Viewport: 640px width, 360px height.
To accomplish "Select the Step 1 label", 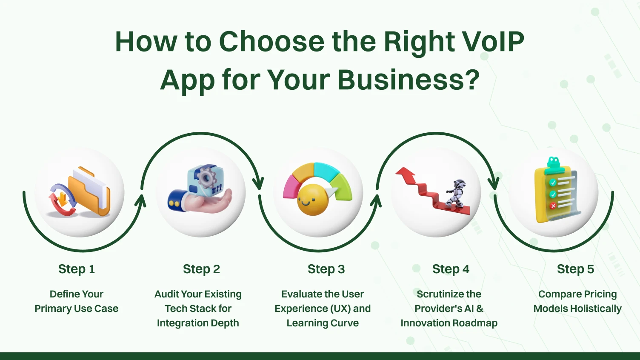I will click(77, 269).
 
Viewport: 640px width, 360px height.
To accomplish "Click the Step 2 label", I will click(201, 269).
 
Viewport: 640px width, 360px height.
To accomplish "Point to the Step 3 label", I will click(326, 269).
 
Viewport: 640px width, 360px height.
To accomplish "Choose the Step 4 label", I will click(451, 269).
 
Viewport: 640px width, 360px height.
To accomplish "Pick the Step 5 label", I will click(575, 269).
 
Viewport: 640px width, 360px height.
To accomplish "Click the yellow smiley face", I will click(313, 200).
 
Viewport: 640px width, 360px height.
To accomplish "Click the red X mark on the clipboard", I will click(553, 206).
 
